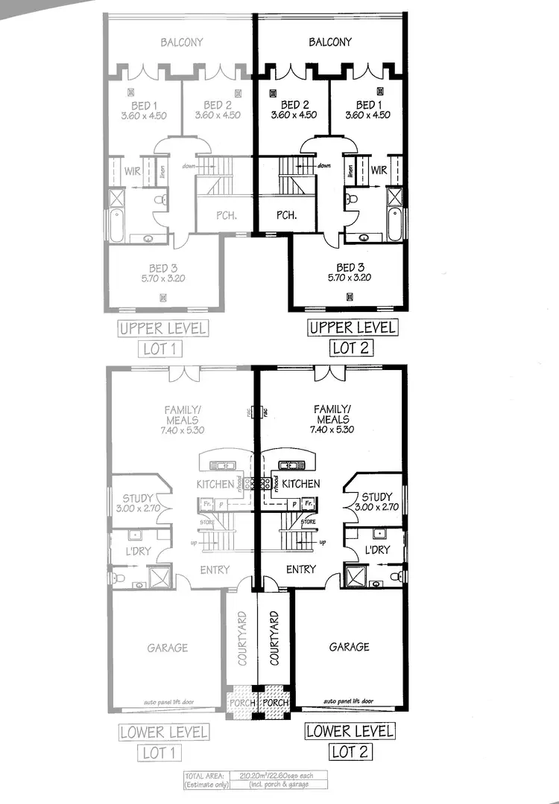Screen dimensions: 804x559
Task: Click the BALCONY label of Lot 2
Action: point(330,42)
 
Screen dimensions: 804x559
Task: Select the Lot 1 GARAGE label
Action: point(167,648)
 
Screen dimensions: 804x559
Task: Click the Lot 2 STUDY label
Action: point(376,497)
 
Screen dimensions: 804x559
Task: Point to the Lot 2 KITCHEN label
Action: point(302,484)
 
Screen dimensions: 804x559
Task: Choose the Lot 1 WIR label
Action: point(133,171)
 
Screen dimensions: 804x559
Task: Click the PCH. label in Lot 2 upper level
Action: point(287,216)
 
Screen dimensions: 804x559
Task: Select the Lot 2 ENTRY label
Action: point(301,569)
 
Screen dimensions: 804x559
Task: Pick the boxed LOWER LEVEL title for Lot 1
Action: point(163,732)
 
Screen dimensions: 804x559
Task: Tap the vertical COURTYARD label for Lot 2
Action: point(274,639)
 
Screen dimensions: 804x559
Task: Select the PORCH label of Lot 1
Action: point(241,703)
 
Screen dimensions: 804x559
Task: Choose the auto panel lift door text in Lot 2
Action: point(350,701)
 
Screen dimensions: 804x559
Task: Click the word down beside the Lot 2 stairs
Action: point(323,165)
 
